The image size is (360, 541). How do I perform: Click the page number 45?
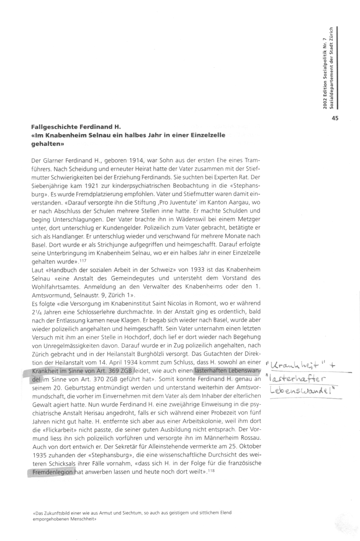(335, 118)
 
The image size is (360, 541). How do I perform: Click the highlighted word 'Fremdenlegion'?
(51, 472)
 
